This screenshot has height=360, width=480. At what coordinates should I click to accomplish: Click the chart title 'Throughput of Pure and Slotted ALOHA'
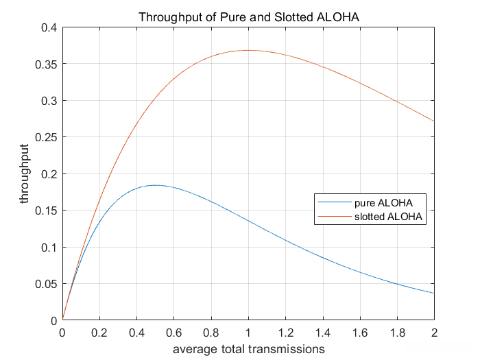point(248,16)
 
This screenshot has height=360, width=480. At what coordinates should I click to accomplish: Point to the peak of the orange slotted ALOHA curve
point(248,50)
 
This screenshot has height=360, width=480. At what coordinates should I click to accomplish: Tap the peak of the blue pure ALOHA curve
point(155,185)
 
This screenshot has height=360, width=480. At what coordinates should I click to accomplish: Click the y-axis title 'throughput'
point(25,175)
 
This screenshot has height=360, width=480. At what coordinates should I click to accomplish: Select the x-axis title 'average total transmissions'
point(248,349)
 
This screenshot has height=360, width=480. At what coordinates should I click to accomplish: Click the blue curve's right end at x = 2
point(433,293)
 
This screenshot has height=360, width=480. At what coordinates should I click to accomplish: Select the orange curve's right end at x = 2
point(433,121)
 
